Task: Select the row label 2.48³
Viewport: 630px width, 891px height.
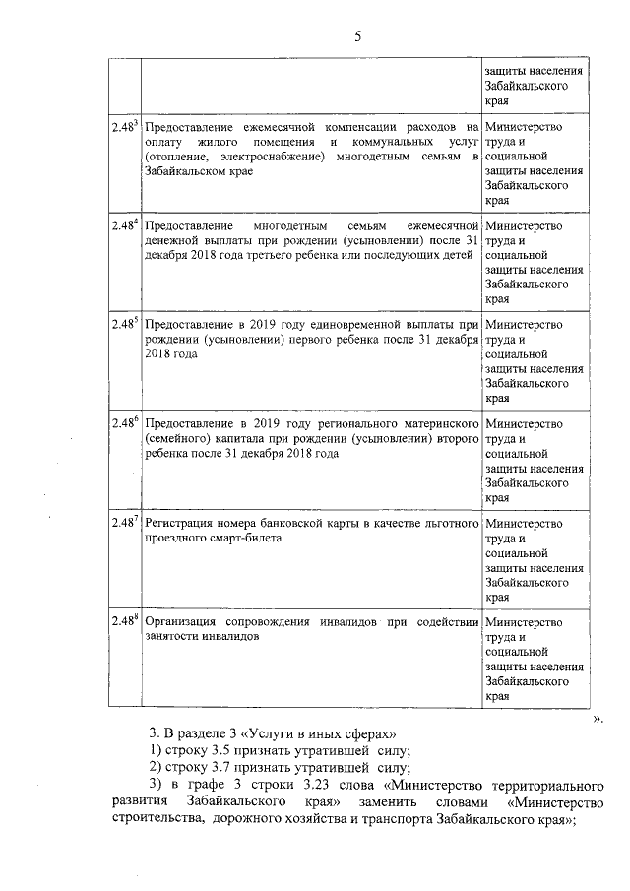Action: coord(124,127)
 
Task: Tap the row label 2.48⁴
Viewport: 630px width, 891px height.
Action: coord(124,225)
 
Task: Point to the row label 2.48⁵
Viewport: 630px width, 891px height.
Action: coord(124,323)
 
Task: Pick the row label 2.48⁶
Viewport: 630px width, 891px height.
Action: coord(124,421)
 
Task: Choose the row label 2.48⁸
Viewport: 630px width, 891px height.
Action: coord(124,620)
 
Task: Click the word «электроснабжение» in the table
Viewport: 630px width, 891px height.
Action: coord(279,157)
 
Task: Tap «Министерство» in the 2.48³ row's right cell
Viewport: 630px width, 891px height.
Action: coord(525,127)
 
